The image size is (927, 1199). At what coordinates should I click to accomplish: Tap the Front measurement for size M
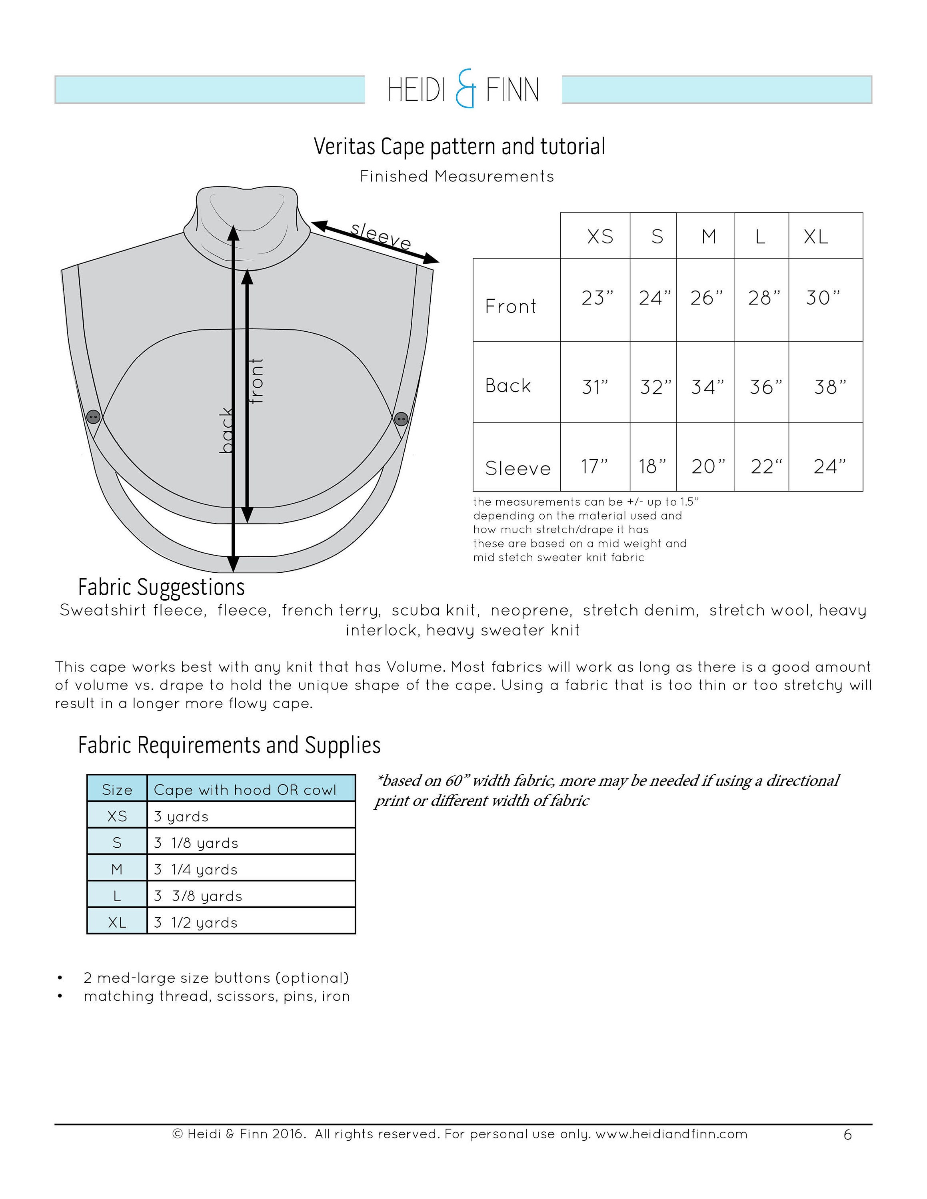pyautogui.click(x=706, y=298)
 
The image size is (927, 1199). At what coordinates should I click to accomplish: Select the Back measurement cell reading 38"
pyautogui.click(x=830, y=387)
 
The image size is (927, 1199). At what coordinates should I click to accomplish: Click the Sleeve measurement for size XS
pyautogui.click(x=594, y=467)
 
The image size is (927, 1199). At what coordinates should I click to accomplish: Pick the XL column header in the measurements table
pyautogui.click(x=816, y=237)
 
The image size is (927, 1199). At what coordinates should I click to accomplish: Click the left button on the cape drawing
pyautogui.click(x=93, y=417)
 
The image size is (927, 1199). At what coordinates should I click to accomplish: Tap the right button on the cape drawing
pyautogui.click(x=402, y=419)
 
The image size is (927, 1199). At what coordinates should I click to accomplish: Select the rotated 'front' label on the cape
pyautogui.click(x=256, y=381)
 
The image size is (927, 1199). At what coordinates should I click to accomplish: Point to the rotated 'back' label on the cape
pyautogui.click(x=226, y=430)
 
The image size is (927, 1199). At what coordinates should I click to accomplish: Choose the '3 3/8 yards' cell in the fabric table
pyautogui.click(x=198, y=896)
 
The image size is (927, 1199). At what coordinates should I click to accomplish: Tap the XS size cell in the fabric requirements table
pyautogui.click(x=117, y=817)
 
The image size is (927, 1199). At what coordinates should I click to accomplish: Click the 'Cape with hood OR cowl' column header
pyautogui.click(x=245, y=790)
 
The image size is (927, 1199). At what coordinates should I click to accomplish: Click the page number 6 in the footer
pyautogui.click(x=847, y=1135)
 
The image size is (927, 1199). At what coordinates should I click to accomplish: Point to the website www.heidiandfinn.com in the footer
pyautogui.click(x=671, y=1134)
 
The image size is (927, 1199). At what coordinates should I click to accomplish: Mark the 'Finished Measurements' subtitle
pyautogui.click(x=457, y=176)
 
